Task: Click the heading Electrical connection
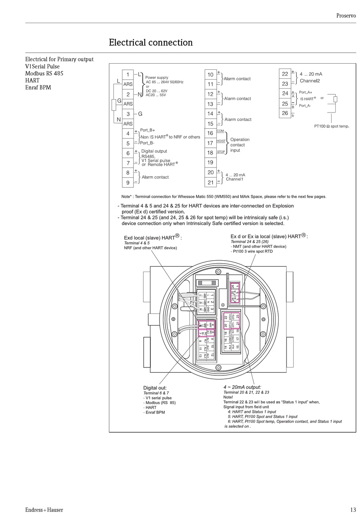pyautogui.click(x=151, y=43)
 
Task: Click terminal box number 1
pyautogui.click(x=128, y=74)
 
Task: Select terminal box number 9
pyautogui.click(x=128, y=183)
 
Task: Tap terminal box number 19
pyautogui.click(x=210, y=163)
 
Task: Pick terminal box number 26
pyautogui.click(x=285, y=113)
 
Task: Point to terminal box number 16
pyautogui.click(x=210, y=133)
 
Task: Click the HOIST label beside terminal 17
pyautogui.click(x=221, y=141)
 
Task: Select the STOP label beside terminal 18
pyautogui.click(x=221, y=152)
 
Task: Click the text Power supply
pyautogui.click(x=157, y=78)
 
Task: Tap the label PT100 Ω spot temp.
pyautogui.click(x=332, y=126)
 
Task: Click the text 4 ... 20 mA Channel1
pyautogui.click(x=235, y=177)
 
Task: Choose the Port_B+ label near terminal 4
pyautogui.click(x=147, y=130)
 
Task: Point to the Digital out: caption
pyautogui.click(x=155, y=388)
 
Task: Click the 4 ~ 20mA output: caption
pyautogui.click(x=242, y=387)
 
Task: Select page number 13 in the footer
pyautogui.click(x=353, y=510)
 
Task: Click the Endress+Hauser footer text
pyautogui.click(x=44, y=510)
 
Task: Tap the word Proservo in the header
pyautogui.click(x=346, y=16)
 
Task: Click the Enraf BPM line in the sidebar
pyautogui.click(x=38, y=88)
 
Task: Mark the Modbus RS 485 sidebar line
pyautogui.click(x=44, y=73)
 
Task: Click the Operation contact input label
pyautogui.click(x=239, y=145)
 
